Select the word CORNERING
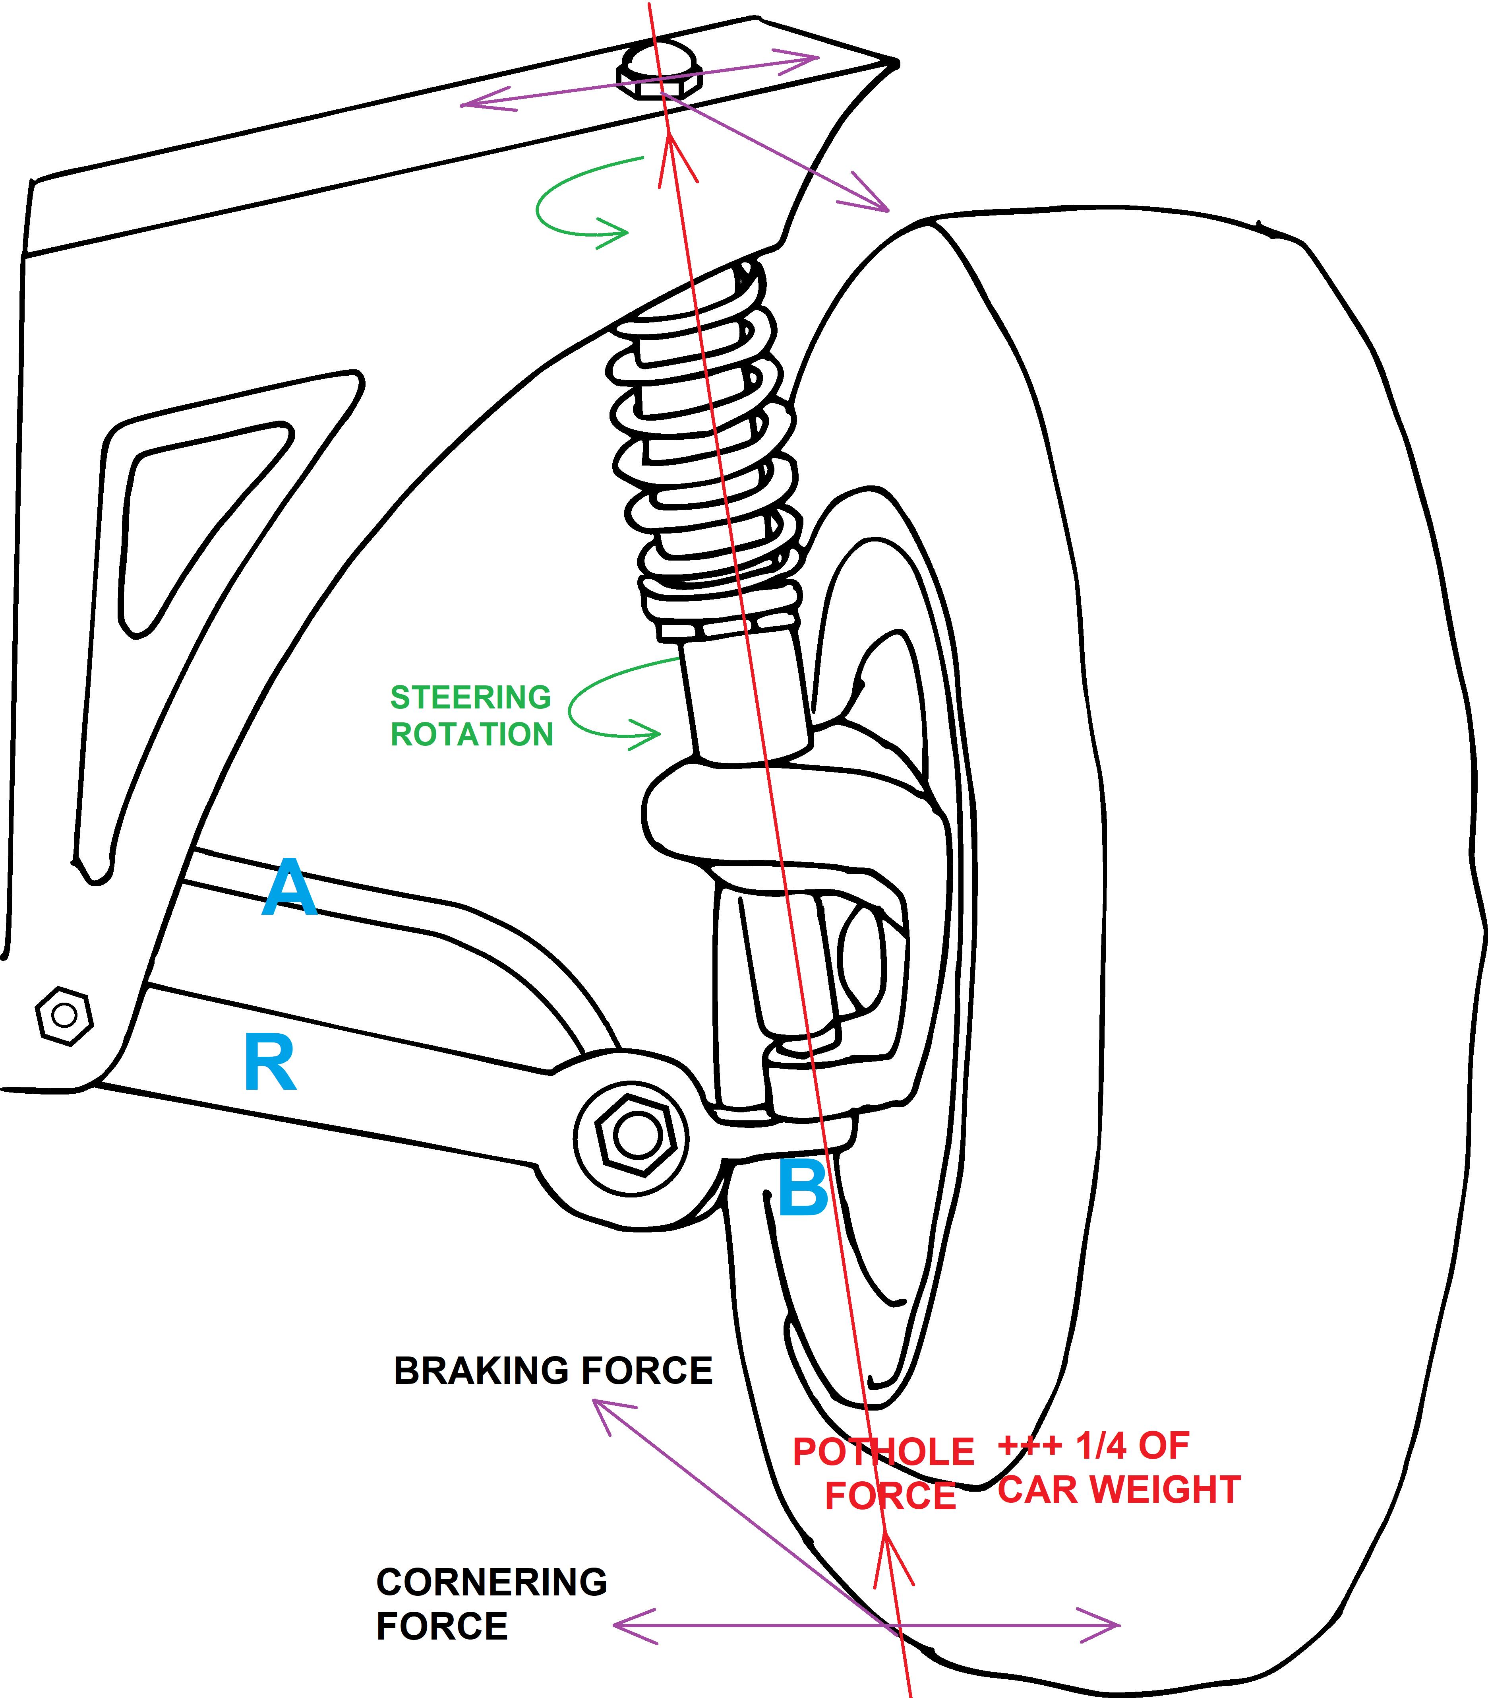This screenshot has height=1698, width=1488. click(x=491, y=1583)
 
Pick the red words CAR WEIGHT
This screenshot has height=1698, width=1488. click(x=1118, y=1490)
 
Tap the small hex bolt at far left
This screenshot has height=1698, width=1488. click(x=64, y=1015)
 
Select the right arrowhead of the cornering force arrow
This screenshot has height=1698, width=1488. click(x=1109, y=1624)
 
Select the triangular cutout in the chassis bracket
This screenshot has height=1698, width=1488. click(x=191, y=515)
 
